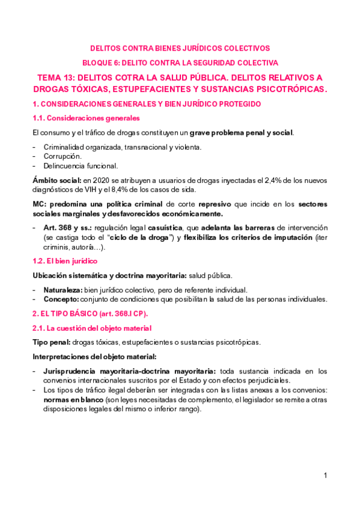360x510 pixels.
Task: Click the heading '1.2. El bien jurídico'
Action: (64, 261)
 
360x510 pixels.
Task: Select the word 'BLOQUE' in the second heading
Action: (97, 62)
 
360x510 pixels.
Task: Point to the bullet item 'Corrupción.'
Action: (63, 156)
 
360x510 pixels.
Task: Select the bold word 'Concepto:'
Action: (61, 299)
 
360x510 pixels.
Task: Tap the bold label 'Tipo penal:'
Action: (52, 342)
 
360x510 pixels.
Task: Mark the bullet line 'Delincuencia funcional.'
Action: (81, 165)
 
